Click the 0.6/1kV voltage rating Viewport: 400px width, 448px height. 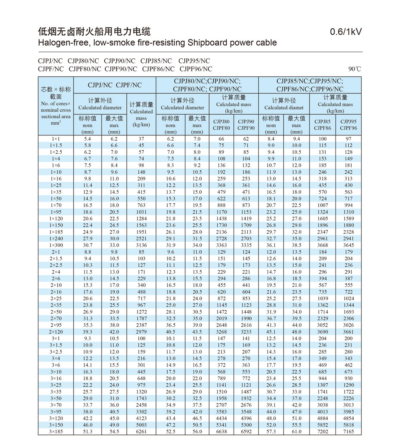pyautogui.click(x=346, y=32)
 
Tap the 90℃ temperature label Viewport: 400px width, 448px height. pyautogui.click(x=354, y=69)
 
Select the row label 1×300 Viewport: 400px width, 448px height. pyautogui.click(x=56, y=245)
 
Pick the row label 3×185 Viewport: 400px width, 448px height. pyautogui.click(x=56, y=432)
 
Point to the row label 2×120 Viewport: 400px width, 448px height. pyautogui.click(x=56, y=332)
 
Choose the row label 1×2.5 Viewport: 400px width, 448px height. pyautogui.click(x=56, y=152)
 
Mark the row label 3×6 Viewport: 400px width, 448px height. pyautogui.click(x=56, y=365)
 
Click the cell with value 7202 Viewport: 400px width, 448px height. pyautogui.click(x=322, y=432)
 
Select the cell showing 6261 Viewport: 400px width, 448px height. pyautogui.click(x=141, y=432)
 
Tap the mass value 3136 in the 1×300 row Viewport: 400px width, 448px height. pyautogui.click(x=141, y=245)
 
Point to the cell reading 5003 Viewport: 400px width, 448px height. pyautogui.click(x=141, y=425)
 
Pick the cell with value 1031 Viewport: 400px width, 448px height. pyautogui.click(x=141, y=212)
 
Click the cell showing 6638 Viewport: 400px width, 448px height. pyautogui.click(x=221, y=432)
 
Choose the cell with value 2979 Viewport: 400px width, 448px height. pyautogui.click(x=141, y=332)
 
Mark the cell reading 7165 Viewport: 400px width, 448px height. pyautogui.click(x=348, y=432)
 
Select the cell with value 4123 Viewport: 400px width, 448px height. pyautogui.click(x=141, y=418)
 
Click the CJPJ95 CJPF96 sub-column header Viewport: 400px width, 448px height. pyautogui.click(x=348, y=125)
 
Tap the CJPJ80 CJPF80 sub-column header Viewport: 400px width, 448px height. pyautogui.click(x=221, y=125)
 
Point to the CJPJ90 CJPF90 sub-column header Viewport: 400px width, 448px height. pyautogui.click(x=246, y=125)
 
